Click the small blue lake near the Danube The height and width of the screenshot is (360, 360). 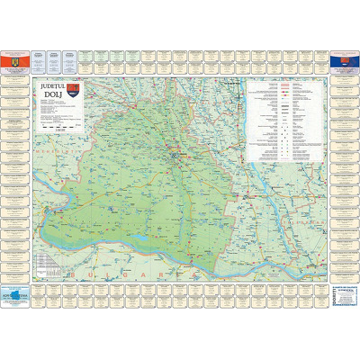pyautogui.click(x=144, y=238)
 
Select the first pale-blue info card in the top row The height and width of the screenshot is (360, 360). pyautogui.click(x=38, y=59)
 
